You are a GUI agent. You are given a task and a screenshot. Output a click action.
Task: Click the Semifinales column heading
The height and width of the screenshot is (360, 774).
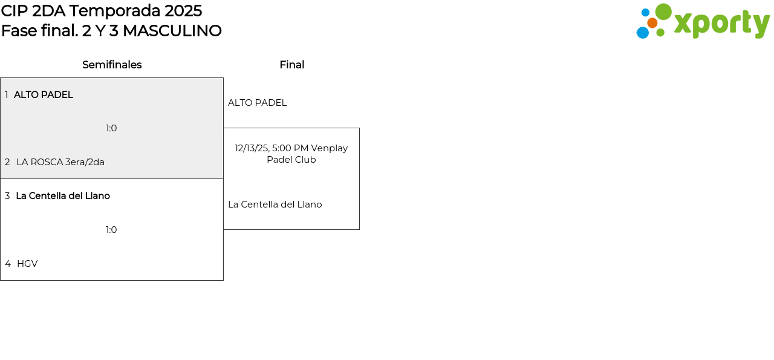(112, 65)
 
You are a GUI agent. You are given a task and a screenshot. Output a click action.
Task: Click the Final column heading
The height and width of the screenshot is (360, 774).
(291, 65)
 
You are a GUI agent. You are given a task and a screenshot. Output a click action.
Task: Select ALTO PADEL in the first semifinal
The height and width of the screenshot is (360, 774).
(44, 95)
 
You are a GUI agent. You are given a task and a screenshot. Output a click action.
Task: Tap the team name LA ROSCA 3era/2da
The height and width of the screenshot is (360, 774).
(60, 162)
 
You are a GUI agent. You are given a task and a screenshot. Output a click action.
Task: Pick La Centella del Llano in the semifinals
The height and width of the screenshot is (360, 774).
(63, 196)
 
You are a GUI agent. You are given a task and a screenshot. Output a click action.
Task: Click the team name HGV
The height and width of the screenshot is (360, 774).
(27, 264)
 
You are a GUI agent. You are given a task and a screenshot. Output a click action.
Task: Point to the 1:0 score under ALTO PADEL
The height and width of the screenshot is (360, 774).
(111, 128)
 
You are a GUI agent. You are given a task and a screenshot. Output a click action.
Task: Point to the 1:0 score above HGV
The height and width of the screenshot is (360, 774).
(111, 230)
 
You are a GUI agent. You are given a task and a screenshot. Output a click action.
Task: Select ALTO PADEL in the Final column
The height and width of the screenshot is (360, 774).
(257, 103)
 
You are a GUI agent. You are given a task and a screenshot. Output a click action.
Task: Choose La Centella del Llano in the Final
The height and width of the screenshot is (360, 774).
(275, 205)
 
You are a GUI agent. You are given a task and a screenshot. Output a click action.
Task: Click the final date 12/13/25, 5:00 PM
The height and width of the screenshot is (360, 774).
(272, 148)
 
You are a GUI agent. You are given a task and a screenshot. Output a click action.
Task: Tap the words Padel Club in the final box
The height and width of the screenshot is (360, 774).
(291, 160)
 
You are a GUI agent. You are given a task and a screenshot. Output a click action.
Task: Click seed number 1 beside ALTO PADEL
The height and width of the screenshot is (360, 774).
(7, 95)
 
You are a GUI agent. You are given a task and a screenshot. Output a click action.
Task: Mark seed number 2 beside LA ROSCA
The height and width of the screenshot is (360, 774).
(7, 162)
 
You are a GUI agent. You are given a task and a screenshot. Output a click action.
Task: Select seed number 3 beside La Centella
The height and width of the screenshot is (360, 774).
(7, 196)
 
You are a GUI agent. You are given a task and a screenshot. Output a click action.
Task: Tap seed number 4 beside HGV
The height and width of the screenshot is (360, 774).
(8, 264)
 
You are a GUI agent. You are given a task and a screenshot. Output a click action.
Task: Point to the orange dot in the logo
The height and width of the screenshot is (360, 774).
(652, 23)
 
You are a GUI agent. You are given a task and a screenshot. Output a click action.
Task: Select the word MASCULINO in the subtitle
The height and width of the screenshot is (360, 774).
(172, 31)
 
